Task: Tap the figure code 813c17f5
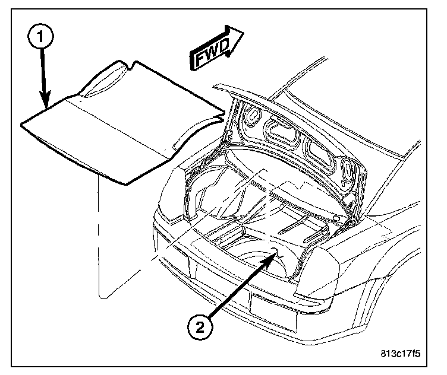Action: (400, 354)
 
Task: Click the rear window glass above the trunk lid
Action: (333, 119)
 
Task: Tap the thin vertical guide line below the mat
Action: (96, 237)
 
